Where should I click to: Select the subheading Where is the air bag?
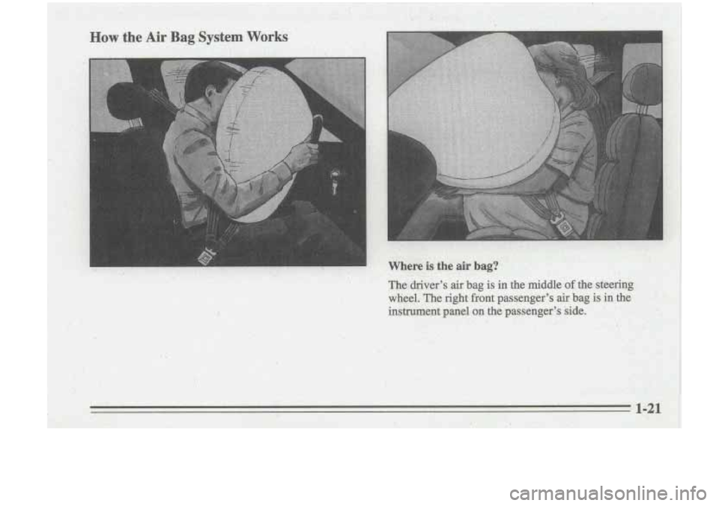[x=443, y=266]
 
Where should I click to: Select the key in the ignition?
[x=334, y=182]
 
